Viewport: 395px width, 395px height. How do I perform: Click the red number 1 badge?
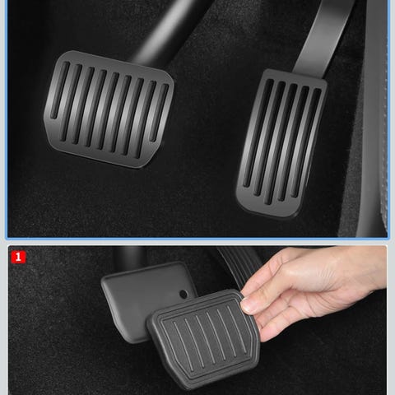pyautogui.click(x=18, y=257)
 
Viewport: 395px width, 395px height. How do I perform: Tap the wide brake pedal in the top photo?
pyautogui.click(x=109, y=109)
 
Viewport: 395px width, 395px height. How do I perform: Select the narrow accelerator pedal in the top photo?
pyautogui.click(x=281, y=143)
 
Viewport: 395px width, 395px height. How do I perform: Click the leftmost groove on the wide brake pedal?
pyautogui.click(x=59, y=90)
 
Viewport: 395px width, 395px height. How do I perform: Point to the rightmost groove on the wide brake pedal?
pyautogui.click(x=159, y=113)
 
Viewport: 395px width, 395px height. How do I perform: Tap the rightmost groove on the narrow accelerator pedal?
pyautogui.click(x=306, y=142)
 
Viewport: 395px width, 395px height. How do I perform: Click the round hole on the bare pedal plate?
pyautogui.click(x=184, y=295)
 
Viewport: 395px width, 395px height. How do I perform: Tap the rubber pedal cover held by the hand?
pyautogui.click(x=203, y=339)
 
